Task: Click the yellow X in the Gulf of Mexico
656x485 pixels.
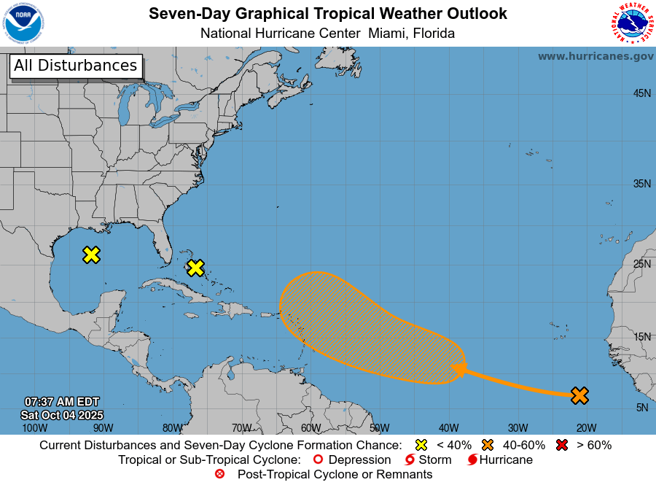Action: pyautogui.click(x=91, y=255)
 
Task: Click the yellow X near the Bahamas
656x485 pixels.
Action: pyautogui.click(x=195, y=268)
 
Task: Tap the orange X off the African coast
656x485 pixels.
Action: pyautogui.click(x=579, y=395)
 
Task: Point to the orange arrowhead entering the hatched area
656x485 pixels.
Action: pyautogui.click(x=458, y=370)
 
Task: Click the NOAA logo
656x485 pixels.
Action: pyautogui.click(x=23, y=23)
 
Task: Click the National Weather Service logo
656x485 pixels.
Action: pyautogui.click(x=630, y=23)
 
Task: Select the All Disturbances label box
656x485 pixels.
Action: pyautogui.click(x=75, y=66)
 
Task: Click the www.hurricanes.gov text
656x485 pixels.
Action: pyautogui.click(x=596, y=56)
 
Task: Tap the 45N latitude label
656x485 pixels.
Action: pyautogui.click(x=641, y=93)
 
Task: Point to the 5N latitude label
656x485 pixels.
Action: pyautogui.click(x=641, y=408)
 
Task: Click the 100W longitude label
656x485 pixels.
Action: pyautogui.click(x=34, y=428)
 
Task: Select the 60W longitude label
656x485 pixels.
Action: pyautogui.click(x=311, y=428)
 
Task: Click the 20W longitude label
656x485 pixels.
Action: pyautogui.click(x=586, y=428)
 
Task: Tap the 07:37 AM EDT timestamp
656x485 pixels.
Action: pyautogui.click(x=62, y=402)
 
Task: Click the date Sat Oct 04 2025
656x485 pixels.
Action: pyautogui.click(x=62, y=415)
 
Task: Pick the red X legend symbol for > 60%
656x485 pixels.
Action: pyautogui.click(x=563, y=445)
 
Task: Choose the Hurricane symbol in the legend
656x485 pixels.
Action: pyautogui.click(x=472, y=459)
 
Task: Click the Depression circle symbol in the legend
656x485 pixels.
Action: pyautogui.click(x=317, y=459)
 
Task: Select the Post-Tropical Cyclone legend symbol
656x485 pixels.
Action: pyautogui.click(x=220, y=474)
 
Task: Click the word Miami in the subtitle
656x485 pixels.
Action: pyautogui.click(x=388, y=34)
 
